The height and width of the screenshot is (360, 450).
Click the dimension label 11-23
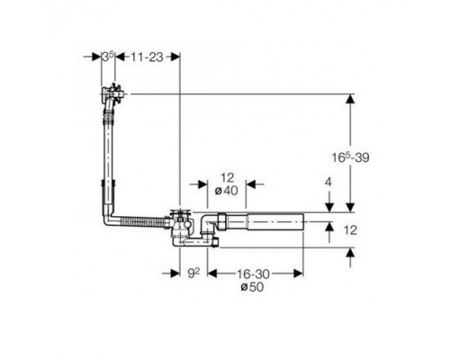tap(147, 57)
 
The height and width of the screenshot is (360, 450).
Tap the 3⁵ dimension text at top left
tap(108, 57)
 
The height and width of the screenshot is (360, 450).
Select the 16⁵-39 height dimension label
tap(350, 157)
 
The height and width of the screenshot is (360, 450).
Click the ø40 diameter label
tap(227, 191)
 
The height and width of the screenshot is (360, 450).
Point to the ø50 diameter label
tap(252, 287)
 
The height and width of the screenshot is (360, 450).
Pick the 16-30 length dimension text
tap(254, 274)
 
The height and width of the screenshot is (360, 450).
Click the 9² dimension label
tap(193, 273)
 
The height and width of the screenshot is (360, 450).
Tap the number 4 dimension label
tap(328, 182)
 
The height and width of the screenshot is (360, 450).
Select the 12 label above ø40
tap(227, 178)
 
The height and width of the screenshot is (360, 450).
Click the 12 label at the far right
tap(350, 230)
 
